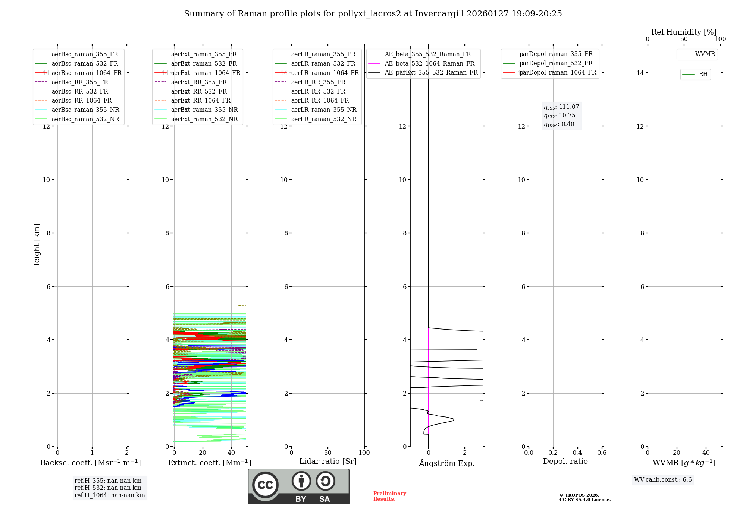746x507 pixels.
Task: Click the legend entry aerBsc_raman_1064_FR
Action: [87, 73]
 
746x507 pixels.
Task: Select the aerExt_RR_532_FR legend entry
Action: [199, 91]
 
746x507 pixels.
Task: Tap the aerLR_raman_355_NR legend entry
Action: [324, 110]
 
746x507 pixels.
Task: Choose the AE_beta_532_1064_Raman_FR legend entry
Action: [429, 63]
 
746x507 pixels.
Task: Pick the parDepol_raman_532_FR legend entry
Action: [556, 63]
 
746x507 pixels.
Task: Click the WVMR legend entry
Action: [705, 54]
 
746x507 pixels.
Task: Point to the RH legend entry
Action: [703, 74]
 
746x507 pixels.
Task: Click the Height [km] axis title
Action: [37, 246]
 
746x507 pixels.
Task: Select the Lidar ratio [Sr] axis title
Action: [328, 461]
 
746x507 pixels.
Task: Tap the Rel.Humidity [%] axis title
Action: [684, 32]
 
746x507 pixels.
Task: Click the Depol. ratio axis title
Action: [565, 461]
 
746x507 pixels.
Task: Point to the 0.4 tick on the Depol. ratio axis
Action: [577, 453]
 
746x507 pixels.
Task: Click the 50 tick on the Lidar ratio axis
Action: [328, 453]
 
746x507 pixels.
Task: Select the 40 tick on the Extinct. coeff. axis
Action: [231, 453]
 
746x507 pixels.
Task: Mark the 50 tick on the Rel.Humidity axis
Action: [684, 39]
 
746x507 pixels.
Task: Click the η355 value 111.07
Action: [569, 107]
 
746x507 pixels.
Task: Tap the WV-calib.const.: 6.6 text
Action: [663, 480]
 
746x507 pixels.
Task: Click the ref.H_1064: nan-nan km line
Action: [110, 495]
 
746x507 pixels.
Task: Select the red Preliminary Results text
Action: [389, 496]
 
